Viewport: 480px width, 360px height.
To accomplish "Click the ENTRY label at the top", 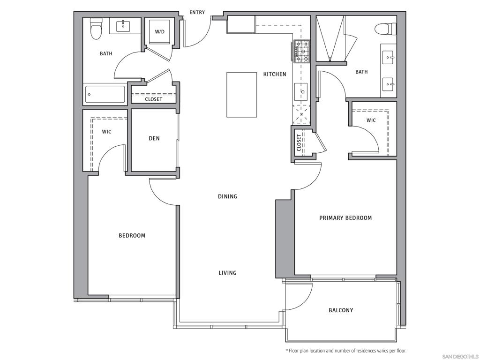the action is tap(197, 12).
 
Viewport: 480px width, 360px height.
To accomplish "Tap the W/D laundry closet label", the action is tap(160, 31).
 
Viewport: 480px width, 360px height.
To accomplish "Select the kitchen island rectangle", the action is tap(241, 95).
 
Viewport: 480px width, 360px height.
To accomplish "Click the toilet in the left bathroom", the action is tap(96, 28).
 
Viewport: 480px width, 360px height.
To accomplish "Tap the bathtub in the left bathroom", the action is tap(105, 94).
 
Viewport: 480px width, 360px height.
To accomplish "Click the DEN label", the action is tap(154, 138).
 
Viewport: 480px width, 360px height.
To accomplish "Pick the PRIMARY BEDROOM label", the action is tap(345, 218).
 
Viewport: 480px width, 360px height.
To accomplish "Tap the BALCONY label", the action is tap(341, 310).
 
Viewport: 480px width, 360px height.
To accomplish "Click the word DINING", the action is tap(227, 196).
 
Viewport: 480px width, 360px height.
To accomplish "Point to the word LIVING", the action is tap(227, 273).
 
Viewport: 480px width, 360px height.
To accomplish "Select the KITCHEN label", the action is tap(275, 74).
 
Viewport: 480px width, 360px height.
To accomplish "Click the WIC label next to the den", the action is tap(106, 132).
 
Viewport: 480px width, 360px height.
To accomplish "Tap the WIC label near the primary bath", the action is tap(371, 120).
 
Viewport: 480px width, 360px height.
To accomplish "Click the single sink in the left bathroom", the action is tap(123, 25).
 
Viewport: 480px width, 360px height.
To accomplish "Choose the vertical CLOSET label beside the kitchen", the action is tap(299, 143).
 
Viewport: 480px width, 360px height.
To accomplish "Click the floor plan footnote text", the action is tap(346, 351).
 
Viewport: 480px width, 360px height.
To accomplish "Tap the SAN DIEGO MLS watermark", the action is tap(460, 356).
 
